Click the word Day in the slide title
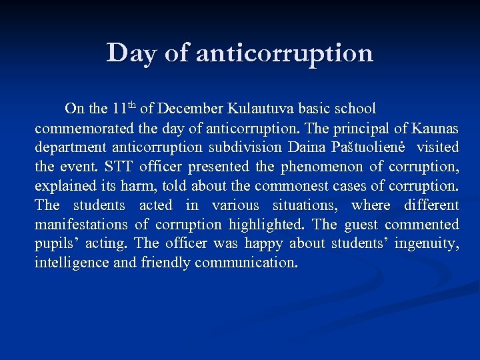click(x=131, y=53)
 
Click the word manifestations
click(x=81, y=224)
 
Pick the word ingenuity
click(x=426, y=243)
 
